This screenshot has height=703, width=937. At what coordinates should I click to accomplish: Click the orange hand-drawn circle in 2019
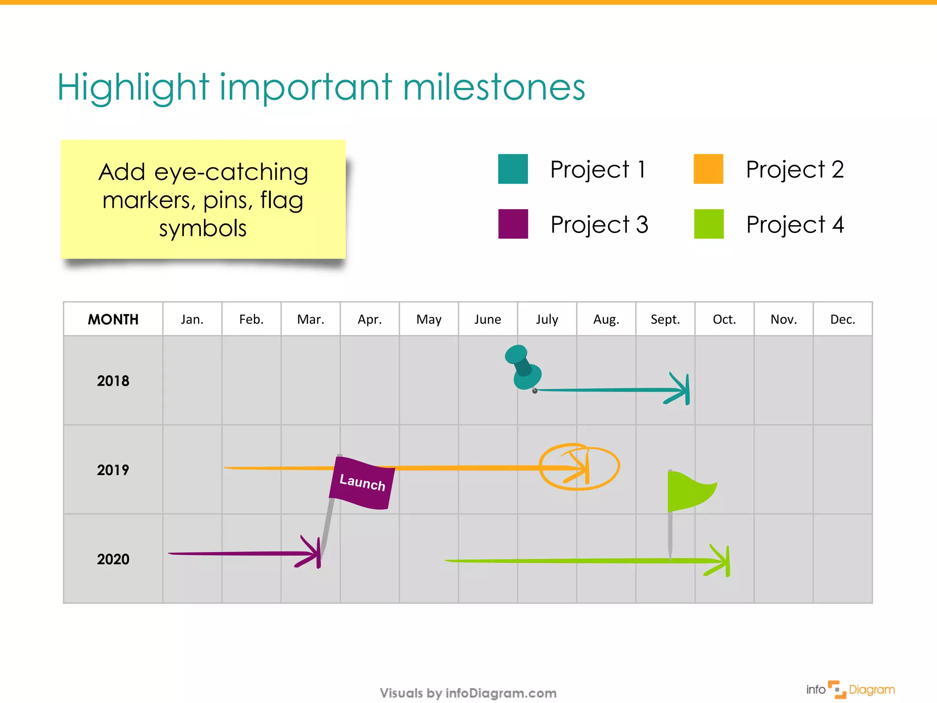point(579,467)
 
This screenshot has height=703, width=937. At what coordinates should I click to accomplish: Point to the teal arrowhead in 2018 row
point(682,389)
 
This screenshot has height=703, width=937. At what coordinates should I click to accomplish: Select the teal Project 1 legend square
point(512,169)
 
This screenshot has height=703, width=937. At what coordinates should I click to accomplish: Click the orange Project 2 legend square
point(708,169)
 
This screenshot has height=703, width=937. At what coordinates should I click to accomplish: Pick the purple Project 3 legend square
point(512,224)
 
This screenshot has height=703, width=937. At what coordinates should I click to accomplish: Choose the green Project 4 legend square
point(708,224)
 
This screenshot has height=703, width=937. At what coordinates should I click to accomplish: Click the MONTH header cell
point(113,319)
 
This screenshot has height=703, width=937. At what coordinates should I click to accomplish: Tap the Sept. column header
point(665,319)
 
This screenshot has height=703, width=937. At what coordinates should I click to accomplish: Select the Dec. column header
point(842,319)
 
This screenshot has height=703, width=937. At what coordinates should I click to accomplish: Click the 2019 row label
point(113,470)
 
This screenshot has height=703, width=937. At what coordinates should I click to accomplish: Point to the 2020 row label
point(113,559)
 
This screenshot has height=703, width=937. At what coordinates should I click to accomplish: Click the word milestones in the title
point(494,87)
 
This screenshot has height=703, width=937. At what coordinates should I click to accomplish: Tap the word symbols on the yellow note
point(203,228)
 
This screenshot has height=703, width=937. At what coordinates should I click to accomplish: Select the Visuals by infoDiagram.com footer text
point(468,693)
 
